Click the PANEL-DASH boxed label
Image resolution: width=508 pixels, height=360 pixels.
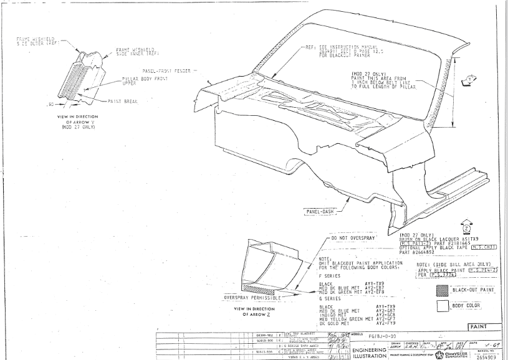[x=320, y=212]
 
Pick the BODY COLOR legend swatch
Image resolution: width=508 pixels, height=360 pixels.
[x=442, y=306]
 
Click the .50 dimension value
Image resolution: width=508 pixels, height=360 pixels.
[x=51, y=104]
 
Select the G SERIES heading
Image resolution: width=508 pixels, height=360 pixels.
[x=329, y=299]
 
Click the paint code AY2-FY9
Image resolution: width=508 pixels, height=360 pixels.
[x=388, y=323]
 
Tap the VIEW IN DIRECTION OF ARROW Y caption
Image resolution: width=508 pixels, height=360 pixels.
[x=74, y=121]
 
